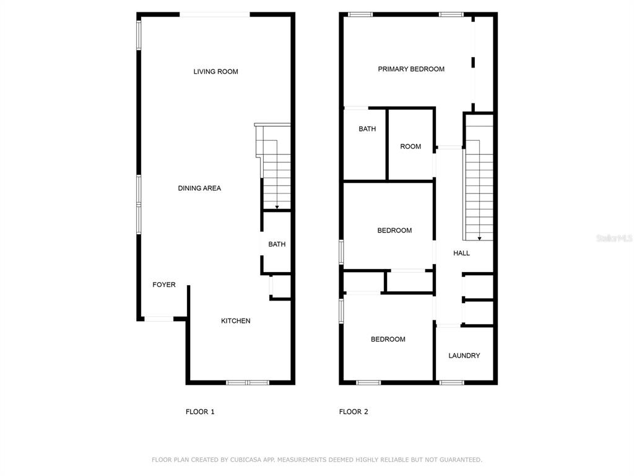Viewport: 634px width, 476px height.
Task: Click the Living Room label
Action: [215, 72]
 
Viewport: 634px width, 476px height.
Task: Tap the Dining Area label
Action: [199, 188]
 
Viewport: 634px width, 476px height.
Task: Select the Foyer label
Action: [163, 284]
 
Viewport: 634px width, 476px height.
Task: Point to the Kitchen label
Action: [235, 321]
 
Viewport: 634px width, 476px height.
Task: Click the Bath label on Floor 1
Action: [277, 244]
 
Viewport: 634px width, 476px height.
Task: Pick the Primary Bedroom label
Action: [411, 69]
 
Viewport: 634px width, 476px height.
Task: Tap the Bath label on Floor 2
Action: [367, 129]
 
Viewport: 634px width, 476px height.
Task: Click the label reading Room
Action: [410, 146]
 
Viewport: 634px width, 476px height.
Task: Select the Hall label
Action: [461, 253]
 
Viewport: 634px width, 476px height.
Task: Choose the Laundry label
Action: [464, 355]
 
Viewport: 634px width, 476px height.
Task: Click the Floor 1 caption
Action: [200, 412]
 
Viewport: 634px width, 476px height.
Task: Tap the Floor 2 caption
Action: [354, 412]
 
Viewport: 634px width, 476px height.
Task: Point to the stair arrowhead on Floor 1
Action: [277, 207]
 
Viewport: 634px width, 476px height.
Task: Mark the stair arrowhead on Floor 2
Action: [480, 239]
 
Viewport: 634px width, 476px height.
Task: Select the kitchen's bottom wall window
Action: [248, 382]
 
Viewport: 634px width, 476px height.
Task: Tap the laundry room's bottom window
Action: [451, 382]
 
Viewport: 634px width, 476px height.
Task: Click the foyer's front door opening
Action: [159, 319]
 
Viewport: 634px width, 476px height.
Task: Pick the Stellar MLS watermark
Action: [614, 238]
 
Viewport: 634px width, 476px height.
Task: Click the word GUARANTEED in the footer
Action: [461, 460]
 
